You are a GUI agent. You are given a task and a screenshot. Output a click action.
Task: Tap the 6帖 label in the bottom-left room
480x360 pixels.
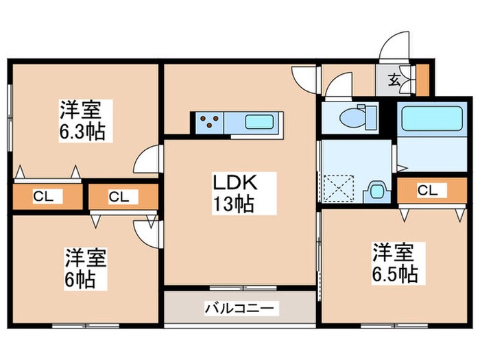[81, 279]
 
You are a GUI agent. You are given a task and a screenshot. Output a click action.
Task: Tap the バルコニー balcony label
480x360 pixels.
[241, 309]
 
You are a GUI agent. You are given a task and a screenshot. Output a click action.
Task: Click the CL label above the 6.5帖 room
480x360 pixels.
[427, 190]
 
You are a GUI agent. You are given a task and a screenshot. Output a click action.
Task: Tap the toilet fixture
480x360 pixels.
[357, 117]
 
